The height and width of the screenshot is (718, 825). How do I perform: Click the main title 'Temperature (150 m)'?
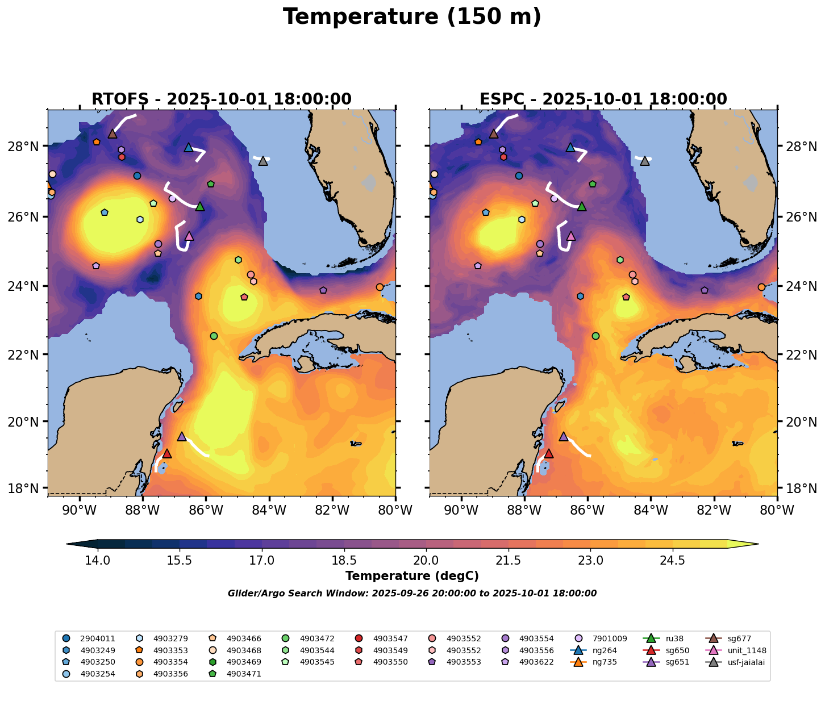(x=412, y=17)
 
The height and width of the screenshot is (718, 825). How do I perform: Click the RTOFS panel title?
(x=222, y=99)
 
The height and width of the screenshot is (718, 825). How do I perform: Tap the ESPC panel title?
(x=603, y=99)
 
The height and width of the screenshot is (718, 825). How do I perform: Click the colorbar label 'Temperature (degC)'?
(x=412, y=576)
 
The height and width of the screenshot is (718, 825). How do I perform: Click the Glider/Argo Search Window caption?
(x=412, y=594)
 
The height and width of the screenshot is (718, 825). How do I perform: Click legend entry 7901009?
(x=609, y=638)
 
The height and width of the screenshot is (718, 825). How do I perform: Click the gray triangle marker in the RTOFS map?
(x=263, y=161)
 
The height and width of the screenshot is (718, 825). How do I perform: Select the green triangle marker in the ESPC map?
(x=582, y=206)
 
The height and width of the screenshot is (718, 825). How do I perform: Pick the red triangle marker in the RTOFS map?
(x=167, y=453)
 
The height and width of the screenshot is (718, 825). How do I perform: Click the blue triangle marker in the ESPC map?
(x=570, y=147)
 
